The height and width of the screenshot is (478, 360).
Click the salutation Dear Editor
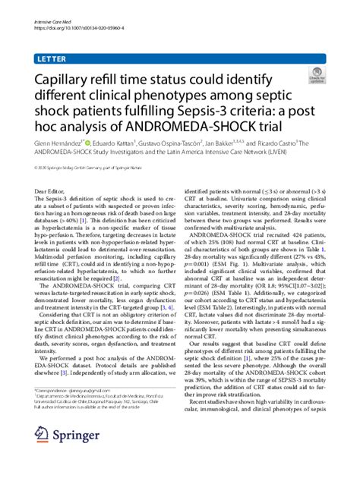point(51,194)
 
